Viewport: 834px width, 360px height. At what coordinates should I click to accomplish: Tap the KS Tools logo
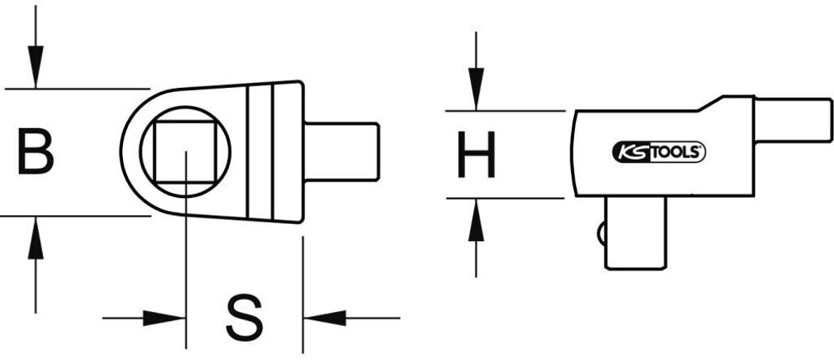(658, 151)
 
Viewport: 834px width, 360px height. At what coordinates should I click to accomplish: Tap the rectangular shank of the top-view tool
(342, 151)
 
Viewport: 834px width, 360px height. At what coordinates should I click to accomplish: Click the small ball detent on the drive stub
(602, 233)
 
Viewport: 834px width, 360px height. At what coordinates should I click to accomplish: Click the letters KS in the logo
(630, 151)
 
